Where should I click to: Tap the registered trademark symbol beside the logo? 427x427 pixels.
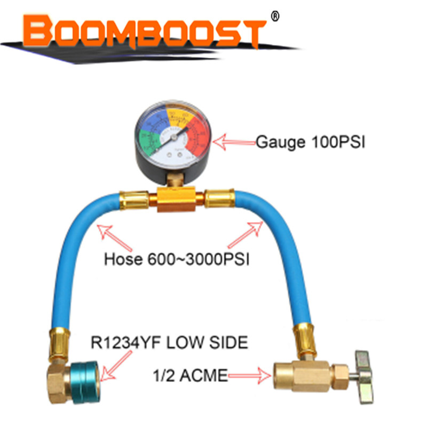coord(275,17)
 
